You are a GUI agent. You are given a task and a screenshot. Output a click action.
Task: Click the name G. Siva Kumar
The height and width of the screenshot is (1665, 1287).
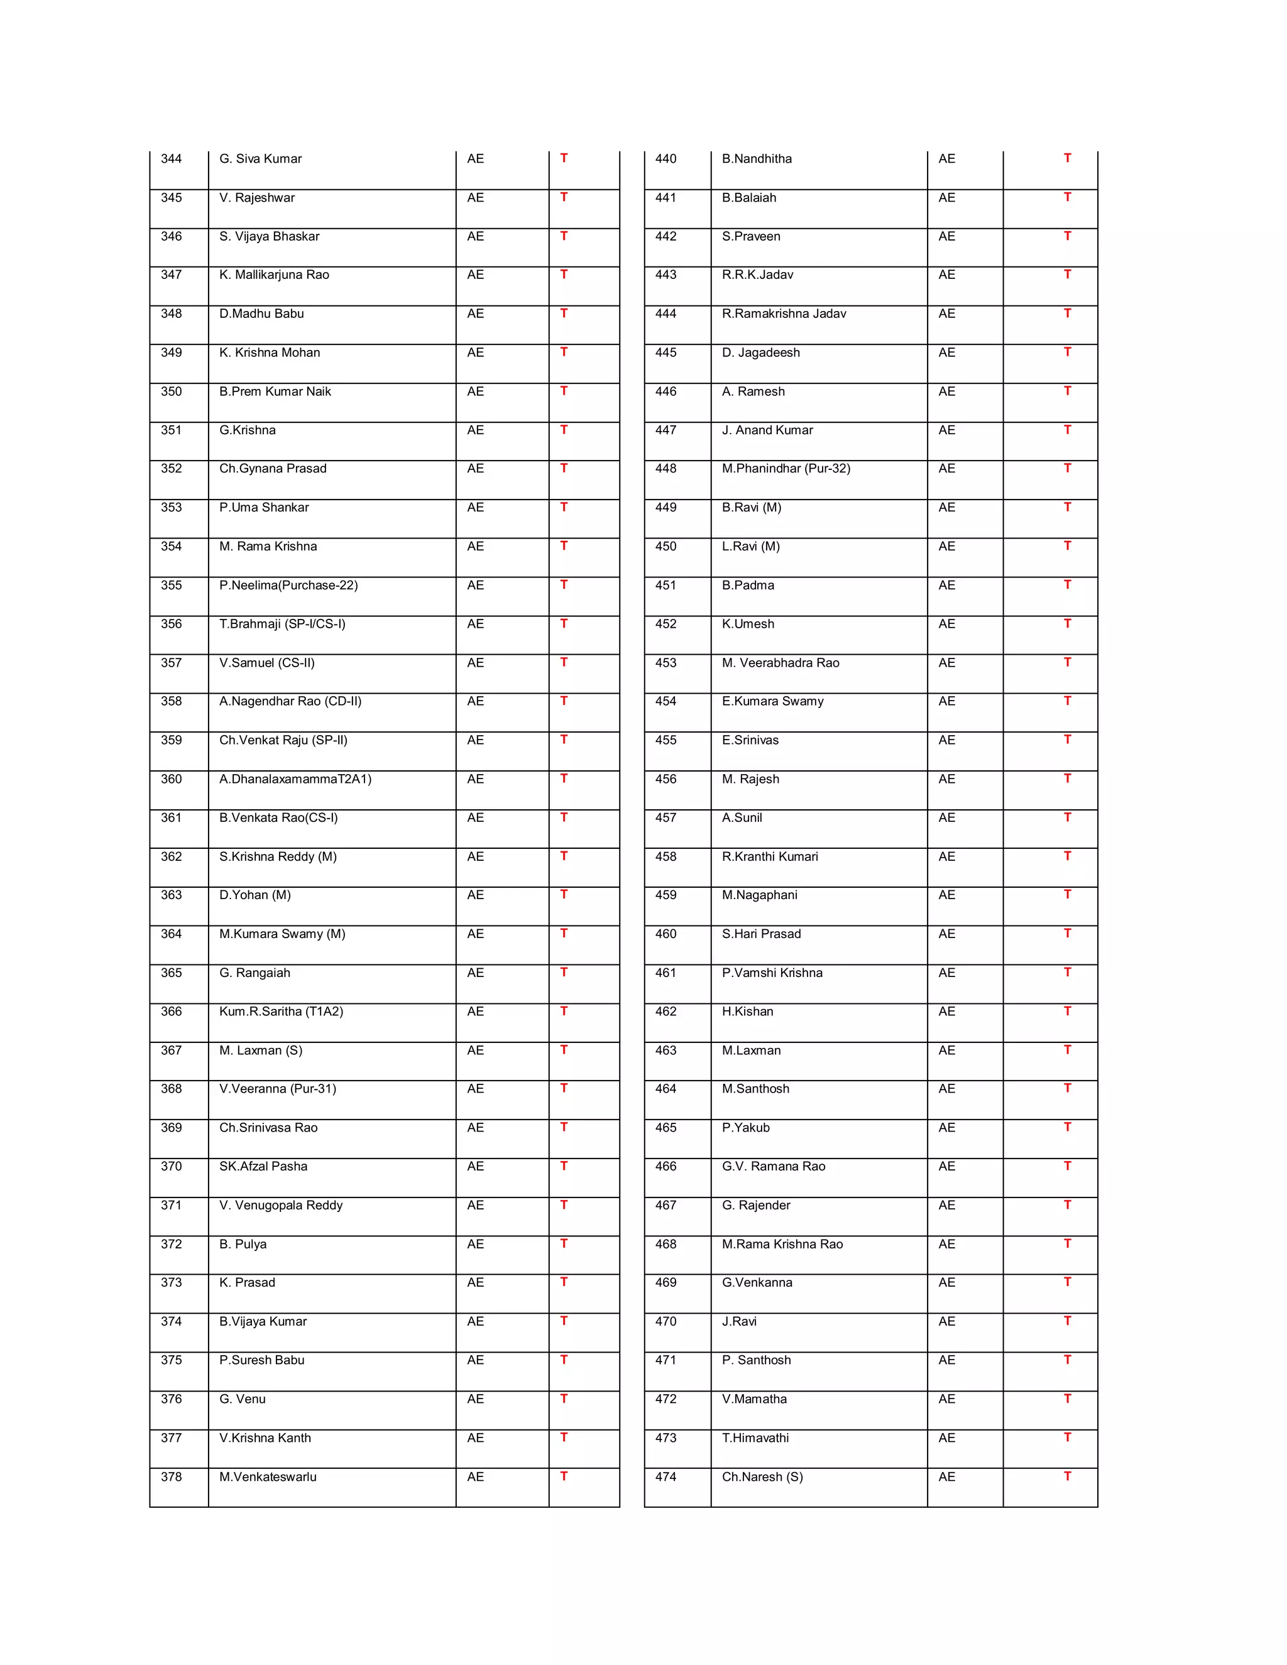pyautogui.click(x=260, y=158)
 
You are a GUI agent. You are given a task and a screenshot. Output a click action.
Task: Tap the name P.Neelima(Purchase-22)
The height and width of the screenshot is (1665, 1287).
pyautogui.click(x=288, y=585)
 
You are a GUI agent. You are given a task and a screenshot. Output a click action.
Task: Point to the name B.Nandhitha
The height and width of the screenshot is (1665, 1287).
pyautogui.click(x=757, y=158)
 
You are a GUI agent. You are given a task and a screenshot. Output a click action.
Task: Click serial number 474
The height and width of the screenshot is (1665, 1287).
pyautogui.click(x=665, y=1477)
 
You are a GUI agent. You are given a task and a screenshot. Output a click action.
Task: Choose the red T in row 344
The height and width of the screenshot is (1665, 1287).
pyautogui.click(x=564, y=158)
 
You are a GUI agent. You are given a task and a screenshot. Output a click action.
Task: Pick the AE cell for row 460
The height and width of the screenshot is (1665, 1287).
pyautogui.click(x=946, y=934)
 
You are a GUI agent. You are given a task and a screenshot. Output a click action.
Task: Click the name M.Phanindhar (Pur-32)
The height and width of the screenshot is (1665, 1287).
pyautogui.click(x=786, y=468)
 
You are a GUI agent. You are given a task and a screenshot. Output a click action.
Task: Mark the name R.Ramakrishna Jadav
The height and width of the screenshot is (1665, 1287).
pyautogui.click(x=784, y=314)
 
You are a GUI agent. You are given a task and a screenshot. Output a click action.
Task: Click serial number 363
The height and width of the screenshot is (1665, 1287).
pyautogui.click(x=171, y=895)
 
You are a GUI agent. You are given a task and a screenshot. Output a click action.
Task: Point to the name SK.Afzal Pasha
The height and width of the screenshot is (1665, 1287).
pyautogui.click(x=263, y=1166)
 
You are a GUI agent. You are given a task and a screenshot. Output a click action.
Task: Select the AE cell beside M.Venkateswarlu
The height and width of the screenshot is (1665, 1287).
pyautogui.click(x=475, y=1477)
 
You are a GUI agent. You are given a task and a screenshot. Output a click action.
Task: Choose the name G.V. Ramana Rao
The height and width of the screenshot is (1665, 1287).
pyautogui.click(x=773, y=1166)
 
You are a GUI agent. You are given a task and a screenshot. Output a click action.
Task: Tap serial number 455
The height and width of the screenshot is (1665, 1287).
pyautogui.click(x=665, y=740)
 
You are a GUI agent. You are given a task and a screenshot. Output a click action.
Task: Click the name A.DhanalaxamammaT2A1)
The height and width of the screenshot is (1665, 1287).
pyautogui.click(x=295, y=779)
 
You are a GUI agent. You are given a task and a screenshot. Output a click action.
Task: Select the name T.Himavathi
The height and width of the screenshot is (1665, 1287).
pyautogui.click(x=755, y=1438)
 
